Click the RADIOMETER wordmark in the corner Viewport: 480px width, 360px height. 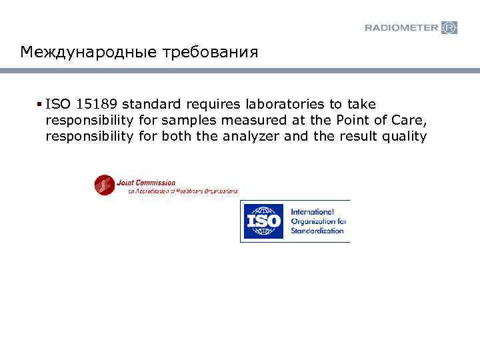click(x=402, y=27)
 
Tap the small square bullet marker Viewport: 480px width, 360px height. click(x=41, y=104)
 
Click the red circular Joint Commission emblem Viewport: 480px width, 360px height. click(x=104, y=185)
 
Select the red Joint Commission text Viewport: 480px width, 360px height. click(x=146, y=182)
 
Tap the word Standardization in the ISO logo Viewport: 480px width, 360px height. click(x=317, y=231)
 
